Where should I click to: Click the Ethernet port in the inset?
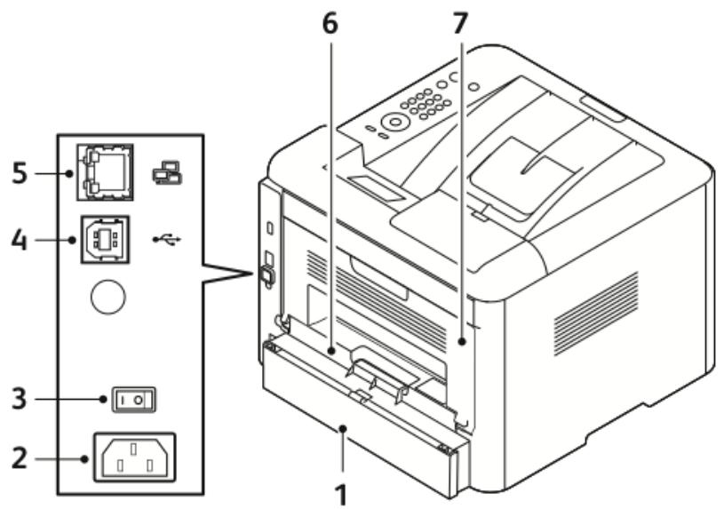tap(104, 170)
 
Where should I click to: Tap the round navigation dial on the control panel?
tap(392, 121)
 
